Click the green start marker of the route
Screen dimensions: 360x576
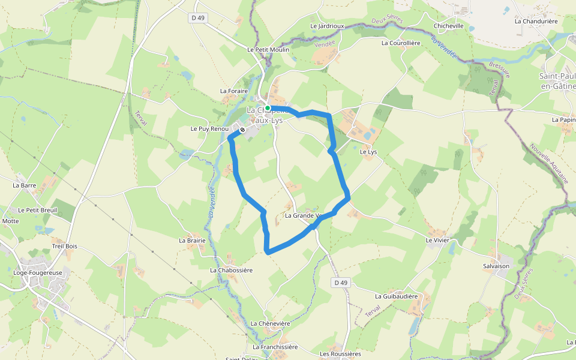tap(268, 108)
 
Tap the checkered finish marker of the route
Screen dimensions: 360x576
tap(242, 129)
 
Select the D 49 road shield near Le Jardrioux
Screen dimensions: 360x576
tap(198, 17)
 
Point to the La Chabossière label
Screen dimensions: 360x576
tap(231, 270)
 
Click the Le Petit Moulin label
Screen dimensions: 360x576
tap(268, 49)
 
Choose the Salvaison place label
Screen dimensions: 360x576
tap(496, 265)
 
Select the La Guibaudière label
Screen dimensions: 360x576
tap(396, 296)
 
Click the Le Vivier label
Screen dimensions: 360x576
tap(437, 240)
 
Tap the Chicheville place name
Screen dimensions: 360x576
tap(449, 26)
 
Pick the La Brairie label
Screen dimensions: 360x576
tap(192, 240)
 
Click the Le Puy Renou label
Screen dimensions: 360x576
tap(209, 129)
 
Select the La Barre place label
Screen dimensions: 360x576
tap(25, 185)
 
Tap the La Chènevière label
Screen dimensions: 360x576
tap(270, 323)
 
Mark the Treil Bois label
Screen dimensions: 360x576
tap(65, 246)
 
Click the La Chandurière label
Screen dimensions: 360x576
tap(536, 21)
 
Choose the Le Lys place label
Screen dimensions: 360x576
tap(368, 152)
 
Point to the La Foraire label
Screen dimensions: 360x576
tap(234, 91)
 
